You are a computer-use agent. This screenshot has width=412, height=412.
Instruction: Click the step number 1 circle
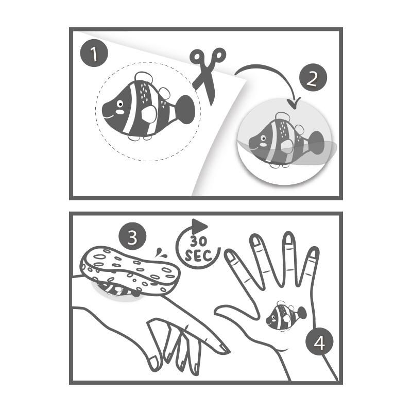[94, 53]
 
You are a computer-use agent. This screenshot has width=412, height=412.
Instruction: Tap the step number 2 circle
[313, 78]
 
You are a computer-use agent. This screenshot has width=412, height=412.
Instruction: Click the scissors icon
[208, 76]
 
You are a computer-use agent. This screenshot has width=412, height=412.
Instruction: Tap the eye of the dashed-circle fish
[120, 104]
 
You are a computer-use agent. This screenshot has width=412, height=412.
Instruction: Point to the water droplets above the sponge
[160, 252]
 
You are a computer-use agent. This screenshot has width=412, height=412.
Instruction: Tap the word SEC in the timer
[198, 255]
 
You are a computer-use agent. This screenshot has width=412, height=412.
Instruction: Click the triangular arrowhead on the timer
[199, 226]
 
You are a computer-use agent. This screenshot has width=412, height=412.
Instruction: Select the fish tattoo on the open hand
[286, 316]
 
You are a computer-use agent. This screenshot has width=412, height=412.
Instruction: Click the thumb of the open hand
[236, 312]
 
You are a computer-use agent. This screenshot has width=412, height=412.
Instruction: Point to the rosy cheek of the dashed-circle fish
[119, 112]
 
